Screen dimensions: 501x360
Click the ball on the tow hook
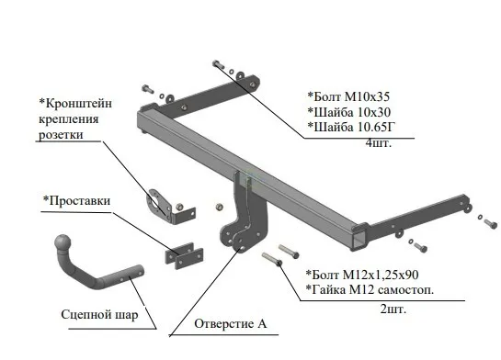[63, 243]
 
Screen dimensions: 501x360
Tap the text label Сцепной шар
[99, 315]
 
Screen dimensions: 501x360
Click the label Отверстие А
[230, 323]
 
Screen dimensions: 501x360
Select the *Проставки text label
[76, 201]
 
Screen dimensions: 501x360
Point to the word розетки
[61, 134]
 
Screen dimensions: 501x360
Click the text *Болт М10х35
[348, 96]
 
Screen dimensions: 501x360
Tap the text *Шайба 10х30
[349, 112]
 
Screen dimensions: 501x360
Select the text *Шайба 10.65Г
[351, 127]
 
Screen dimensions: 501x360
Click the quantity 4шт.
[379, 142]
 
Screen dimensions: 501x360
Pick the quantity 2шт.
[393, 309]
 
